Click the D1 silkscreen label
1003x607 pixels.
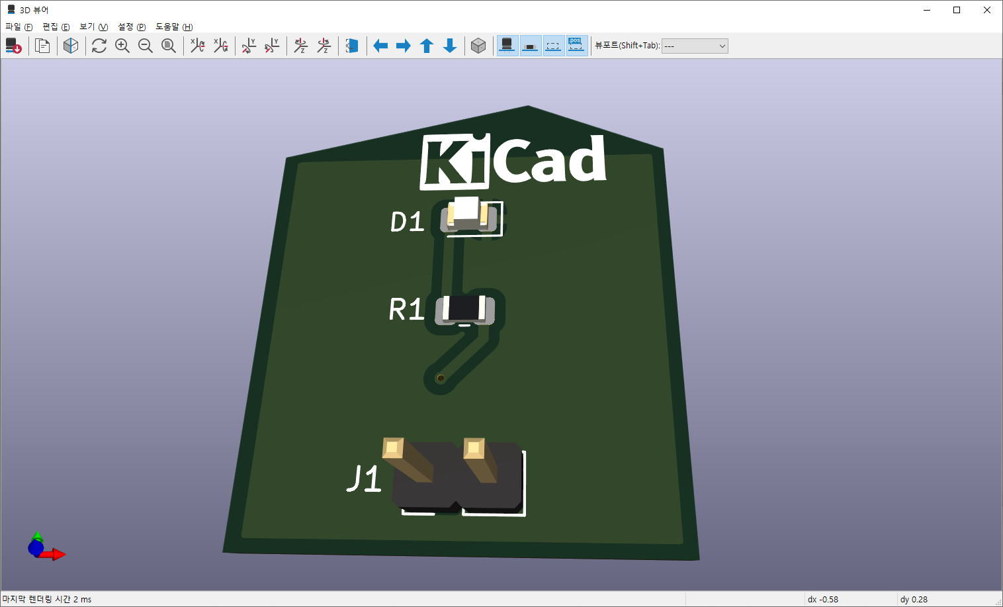407,222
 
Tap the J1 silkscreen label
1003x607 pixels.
365,479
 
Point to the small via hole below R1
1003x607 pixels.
441,378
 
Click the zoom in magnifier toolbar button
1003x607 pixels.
122,46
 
